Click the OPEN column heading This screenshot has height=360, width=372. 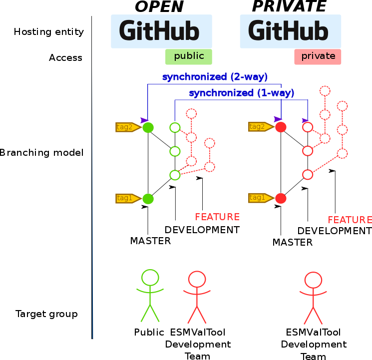tap(159, 6)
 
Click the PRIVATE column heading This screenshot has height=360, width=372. tap(289, 6)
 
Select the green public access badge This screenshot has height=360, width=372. tap(189, 56)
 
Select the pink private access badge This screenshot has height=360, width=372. tap(318, 56)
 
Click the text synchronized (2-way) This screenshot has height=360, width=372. tap(215, 77)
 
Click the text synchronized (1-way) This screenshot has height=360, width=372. tap(241, 93)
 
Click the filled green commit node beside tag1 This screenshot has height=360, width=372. tap(148, 199)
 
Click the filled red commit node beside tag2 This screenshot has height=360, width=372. tap(281, 127)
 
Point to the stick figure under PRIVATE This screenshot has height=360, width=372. tap(313, 298)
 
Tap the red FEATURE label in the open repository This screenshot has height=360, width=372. tap(217, 217)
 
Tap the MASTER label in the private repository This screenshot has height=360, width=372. tap(293, 243)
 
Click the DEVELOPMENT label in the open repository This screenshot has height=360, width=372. tap(202, 230)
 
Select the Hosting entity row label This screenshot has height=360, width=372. tap(48, 32)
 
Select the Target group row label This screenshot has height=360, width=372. tap(46, 314)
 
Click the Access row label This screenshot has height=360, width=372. tap(65, 58)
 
